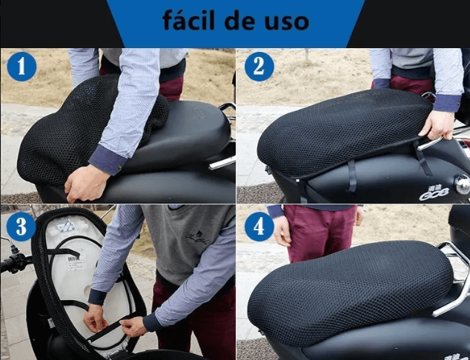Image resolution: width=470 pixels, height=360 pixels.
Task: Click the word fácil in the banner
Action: (189, 20)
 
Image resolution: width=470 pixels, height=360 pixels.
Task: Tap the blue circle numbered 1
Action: (21, 67)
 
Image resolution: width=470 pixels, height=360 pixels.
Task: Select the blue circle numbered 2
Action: (259, 67)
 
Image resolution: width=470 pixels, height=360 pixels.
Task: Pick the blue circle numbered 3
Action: (21, 227)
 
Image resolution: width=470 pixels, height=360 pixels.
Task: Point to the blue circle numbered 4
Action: (259, 227)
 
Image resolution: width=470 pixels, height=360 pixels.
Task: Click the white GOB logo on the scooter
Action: (434, 193)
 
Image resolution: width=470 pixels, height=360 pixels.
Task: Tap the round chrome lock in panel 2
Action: (462, 184)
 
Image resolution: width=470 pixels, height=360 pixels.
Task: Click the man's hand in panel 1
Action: (85, 183)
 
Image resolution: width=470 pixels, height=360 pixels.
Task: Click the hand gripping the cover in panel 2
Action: (437, 124)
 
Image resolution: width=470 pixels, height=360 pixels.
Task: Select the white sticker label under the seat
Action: (76, 263)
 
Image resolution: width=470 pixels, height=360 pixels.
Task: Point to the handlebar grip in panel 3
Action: (13, 264)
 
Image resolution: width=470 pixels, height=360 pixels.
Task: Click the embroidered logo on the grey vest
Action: (197, 238)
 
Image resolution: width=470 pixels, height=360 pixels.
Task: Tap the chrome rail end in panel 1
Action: (222, 163)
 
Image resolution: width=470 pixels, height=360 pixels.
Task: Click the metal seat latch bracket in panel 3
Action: (66, 226)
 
